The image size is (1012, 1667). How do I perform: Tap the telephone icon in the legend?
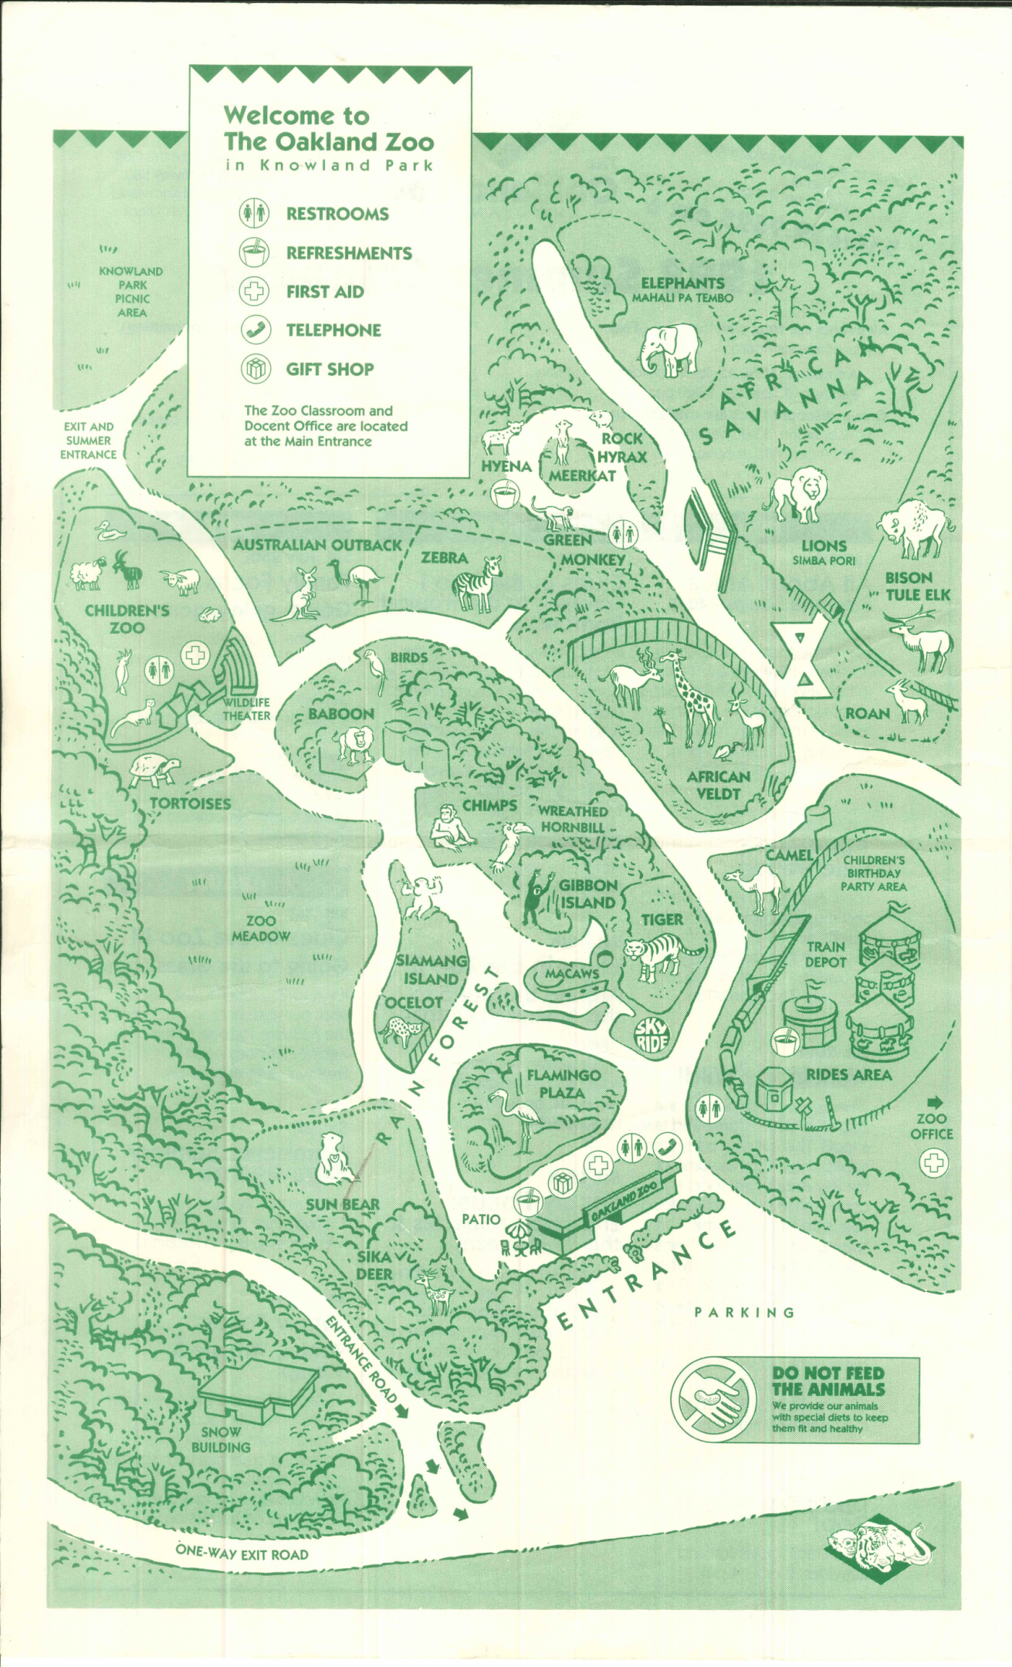pyautogui.click(x=255, y=330)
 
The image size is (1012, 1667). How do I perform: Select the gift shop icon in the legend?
pyautogui.click(x=255, y=369)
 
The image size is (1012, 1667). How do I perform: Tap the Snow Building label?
pyautogui.click(x=222, y=1439)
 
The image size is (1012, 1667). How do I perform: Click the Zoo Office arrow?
pyautogui.click(x=935, y=1101)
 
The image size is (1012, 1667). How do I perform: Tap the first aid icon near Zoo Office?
pyautogui.click(x=933, y=1162)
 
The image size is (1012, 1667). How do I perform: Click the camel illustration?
pyautogui.click(x=756, y=888)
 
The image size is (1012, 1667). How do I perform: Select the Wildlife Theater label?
pyautogui.click(x=246, y=708)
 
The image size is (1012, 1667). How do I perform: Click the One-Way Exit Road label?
pyautogui.click(x=242, y=1554)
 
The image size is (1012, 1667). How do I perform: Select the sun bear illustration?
pyautogui.click(x=334, y=1158)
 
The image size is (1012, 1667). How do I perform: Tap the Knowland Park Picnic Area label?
pyautogui.click(x=131, y=292)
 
